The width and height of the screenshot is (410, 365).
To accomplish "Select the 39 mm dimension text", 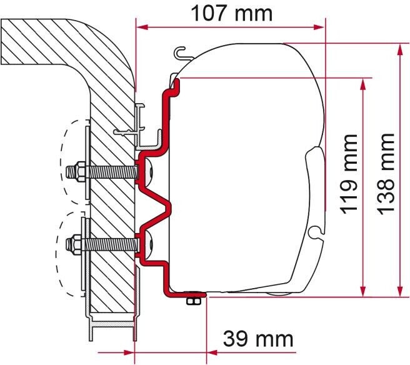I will tap(258, 339).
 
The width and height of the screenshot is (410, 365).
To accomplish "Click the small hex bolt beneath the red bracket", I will tap(194, 301).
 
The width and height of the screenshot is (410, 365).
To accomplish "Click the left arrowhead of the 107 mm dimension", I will tap(141, 27).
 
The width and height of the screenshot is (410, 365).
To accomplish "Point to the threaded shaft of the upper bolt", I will tap(109, 169).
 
